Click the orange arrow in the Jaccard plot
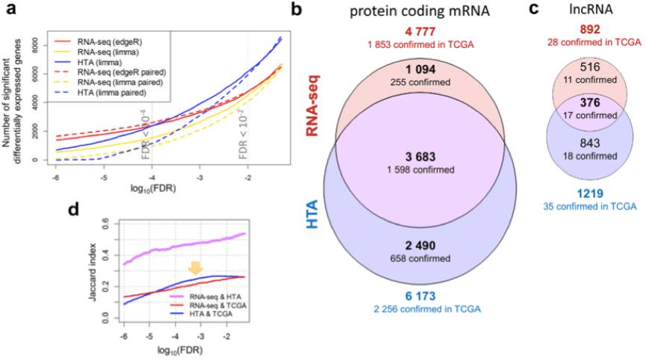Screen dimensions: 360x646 click(x=195, y=267)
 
